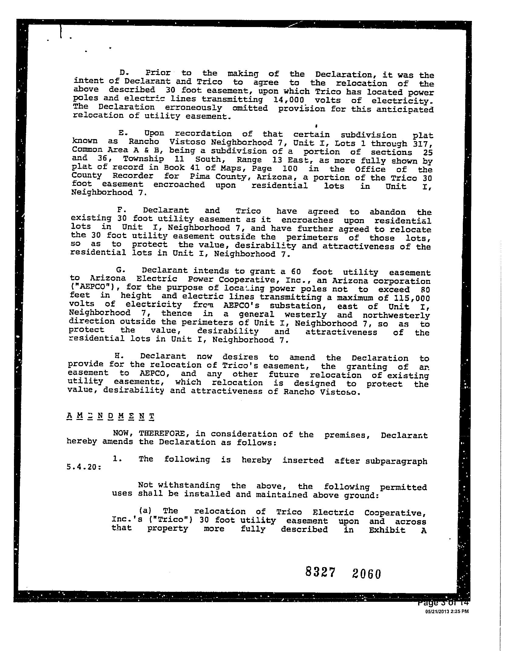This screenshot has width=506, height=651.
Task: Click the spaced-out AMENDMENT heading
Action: tap(110, 416)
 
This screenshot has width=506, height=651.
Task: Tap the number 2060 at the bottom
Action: tap(366, 574)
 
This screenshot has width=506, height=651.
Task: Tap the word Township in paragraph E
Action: tap(143, 159)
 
